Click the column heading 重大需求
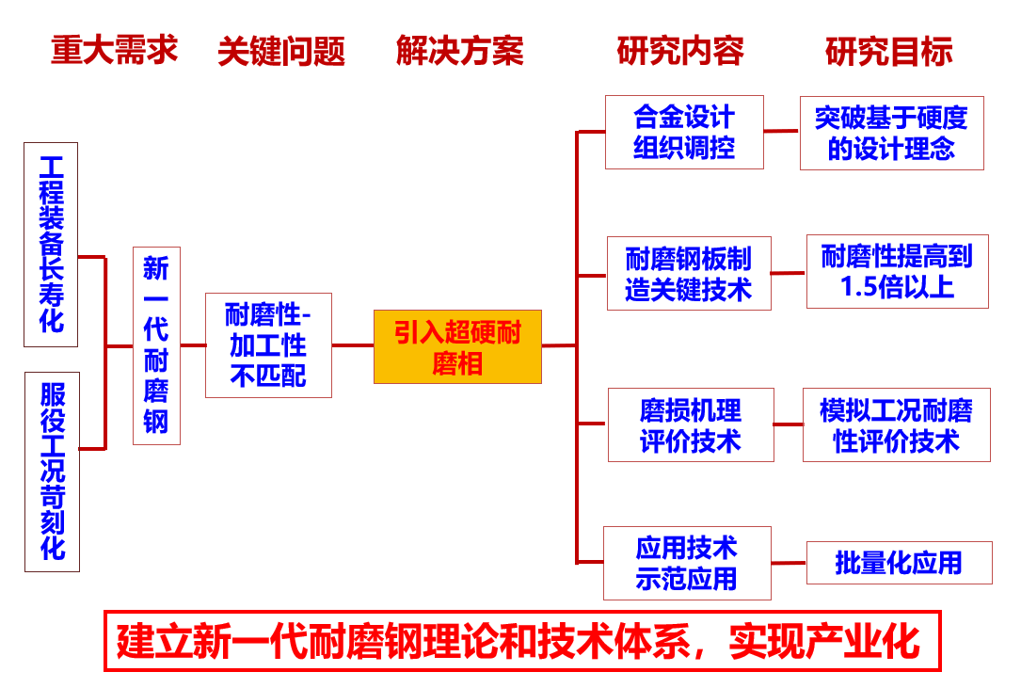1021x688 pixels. (115, 50)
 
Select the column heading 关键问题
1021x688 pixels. (281, 52)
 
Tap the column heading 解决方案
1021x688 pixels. (460, 51)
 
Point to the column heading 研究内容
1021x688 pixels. (680, 51)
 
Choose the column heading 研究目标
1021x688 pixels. (889, 52)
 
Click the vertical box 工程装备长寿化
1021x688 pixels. (51, 245)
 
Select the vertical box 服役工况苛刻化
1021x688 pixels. (52, 472)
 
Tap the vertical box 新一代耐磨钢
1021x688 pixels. (156, 346)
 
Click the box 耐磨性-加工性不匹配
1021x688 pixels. (268, 345)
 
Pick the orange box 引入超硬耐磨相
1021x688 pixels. (457, 346)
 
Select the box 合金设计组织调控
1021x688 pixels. (684, 133)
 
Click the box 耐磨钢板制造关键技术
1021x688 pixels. (689, 274)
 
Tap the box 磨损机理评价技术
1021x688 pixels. (691, 424)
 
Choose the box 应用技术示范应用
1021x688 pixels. (687, 563)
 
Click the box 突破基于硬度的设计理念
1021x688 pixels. (891, 133)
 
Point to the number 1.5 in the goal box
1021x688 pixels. (859, 287)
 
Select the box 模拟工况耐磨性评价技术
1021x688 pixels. (897, 424)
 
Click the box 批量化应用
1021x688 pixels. (900, 563)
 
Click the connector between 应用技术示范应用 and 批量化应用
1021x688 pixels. (790, 563)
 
